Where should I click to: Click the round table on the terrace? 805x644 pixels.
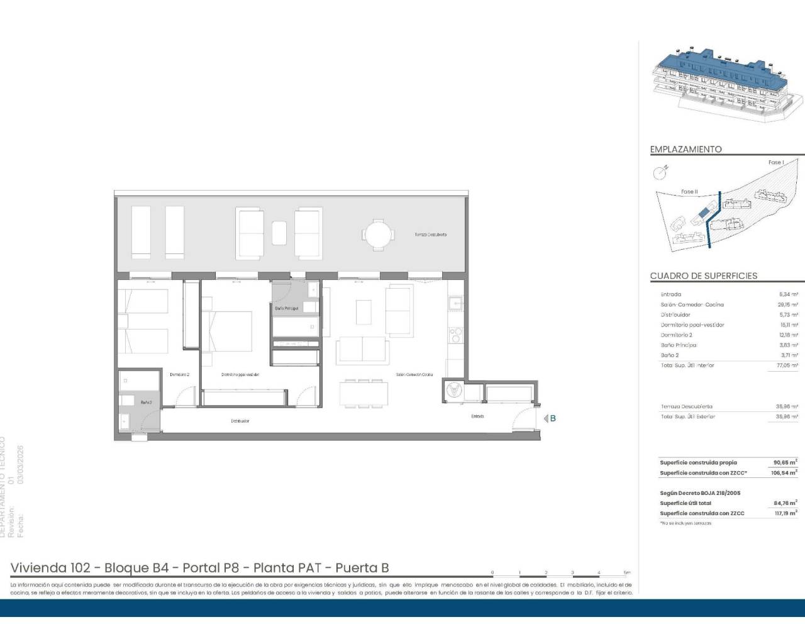[379, 235]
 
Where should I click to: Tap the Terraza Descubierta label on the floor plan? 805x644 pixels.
[430, 235]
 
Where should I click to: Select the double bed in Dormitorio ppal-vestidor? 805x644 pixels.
[230, 331]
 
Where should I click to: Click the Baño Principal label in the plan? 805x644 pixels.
[287, 308]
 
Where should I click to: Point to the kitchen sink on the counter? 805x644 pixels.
[455, 304]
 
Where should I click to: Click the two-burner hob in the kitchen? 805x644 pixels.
[455, 334]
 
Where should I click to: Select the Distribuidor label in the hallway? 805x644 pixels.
[240, 421]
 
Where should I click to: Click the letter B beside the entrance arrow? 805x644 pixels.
[553, 418]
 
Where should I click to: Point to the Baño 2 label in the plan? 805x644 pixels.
[146, 402]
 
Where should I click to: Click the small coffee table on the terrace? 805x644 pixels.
[279, 233]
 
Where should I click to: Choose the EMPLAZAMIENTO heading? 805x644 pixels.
[686, 150]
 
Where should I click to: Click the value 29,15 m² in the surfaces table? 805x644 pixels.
[787, 304]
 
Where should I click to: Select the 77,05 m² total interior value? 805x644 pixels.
[787, 365]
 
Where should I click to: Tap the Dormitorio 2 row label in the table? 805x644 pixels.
[676, 335]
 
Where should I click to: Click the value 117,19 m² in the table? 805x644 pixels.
[785, 513]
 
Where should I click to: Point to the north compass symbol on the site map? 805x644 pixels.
[659, 172]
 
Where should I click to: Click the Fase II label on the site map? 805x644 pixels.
[689, 191]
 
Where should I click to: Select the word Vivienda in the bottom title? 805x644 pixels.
[38, 568]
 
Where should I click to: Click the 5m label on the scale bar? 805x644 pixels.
[626, 572]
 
